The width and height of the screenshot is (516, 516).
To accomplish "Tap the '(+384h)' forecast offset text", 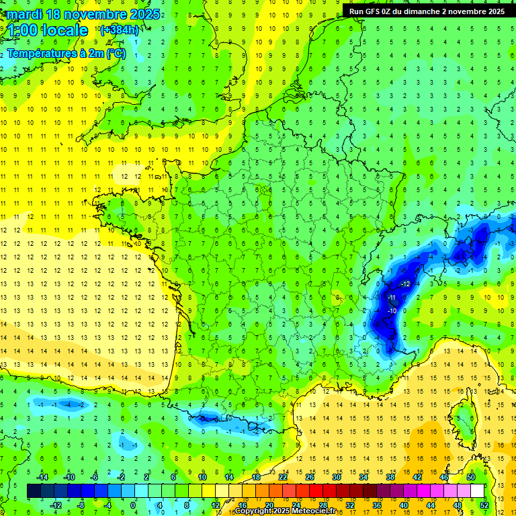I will point(119,30).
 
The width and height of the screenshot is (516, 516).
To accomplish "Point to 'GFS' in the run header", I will point(376,11).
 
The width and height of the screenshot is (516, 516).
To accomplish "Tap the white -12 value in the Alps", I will point(404,284).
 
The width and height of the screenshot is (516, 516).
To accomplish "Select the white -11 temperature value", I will point(392,297).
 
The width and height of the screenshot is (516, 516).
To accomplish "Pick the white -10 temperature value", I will point(392,311).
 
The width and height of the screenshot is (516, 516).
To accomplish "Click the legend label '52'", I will point(484,505).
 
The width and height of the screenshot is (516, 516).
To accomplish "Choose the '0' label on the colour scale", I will point(133,505).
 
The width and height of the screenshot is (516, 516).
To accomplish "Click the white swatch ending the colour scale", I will point(478,490).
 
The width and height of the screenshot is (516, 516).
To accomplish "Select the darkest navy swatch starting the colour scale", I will point(34,490).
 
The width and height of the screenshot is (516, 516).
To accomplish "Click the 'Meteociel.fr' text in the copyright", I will point(318,511).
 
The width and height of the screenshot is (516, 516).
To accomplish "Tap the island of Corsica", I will point(462,420).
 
